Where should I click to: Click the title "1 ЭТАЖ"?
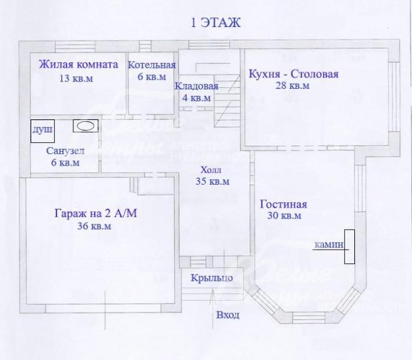(x=215, y=23)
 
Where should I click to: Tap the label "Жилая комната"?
(x=79, y=65)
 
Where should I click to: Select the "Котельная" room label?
(x=152, y=65)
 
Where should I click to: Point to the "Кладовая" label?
(x=196, y=86)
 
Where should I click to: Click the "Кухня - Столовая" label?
(x=294, y=74)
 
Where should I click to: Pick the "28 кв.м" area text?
(x=292, y=86)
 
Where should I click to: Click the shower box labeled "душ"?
(x=43, y=131)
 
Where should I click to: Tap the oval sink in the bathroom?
(x=85, y=127)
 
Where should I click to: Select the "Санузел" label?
(x=65, y=151)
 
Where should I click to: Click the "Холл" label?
(x=211, y=170)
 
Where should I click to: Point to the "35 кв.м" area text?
(x=213, y=181)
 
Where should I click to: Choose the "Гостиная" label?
(x=283, y=204)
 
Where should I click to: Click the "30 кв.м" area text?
(x=284, y=215)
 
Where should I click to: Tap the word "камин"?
(x=329, y=245)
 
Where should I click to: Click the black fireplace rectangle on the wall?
(x=350, y=247)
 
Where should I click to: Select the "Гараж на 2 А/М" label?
(x=95, y=213)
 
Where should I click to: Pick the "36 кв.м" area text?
(x=94, y=226)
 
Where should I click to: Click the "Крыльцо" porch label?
(x=212, y=278)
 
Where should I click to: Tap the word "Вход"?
(x=228, y=315)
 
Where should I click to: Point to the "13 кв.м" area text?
(x=76, y=79)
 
